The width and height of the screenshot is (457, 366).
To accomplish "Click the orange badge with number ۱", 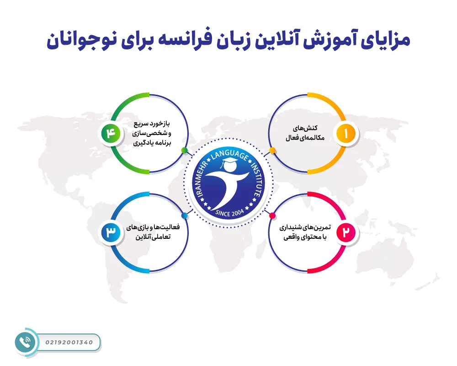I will tap(346, 134).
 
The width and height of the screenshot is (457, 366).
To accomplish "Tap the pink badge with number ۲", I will tap(346, 232).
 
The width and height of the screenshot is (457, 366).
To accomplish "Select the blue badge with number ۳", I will tap(111, 232).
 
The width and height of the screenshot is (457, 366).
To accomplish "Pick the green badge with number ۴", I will tap(111, 134).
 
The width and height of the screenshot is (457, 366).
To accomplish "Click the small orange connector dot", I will tap(272, 150).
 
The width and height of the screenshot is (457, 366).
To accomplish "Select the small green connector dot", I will tap(184, 150).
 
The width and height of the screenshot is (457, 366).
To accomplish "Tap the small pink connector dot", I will tap(272, 215).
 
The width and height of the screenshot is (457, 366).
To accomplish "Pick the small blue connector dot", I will tap(184, 215).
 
